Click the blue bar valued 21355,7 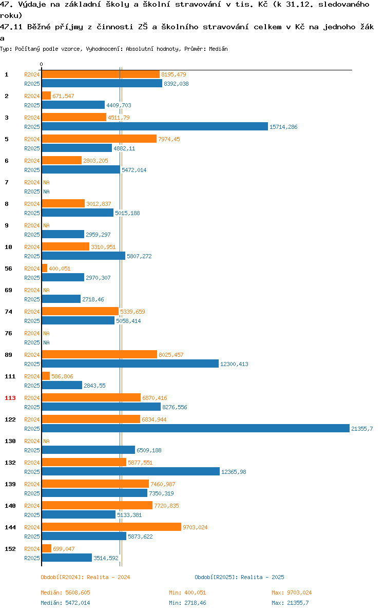coord(196,429)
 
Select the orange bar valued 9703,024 coord(111,527)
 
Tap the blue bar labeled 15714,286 coord(155,126)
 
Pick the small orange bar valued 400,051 coord(45,268)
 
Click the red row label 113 coord(10,398)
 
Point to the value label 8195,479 coord(174,74)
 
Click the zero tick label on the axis coord(42,64)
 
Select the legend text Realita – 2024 coord(108,577)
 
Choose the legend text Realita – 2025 coord(262,577)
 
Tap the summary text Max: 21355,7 coord(290,603)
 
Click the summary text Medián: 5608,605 coord(66,592)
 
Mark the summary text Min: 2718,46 coord(188,603)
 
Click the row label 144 coord(10,527)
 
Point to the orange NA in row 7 coord(46,182)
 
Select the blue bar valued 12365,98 coord(131,471)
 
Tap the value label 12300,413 coord(234,364)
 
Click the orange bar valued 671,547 coord(46,95)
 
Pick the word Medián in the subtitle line coord(219,49)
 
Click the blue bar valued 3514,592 coord(67,558)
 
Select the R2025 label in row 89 coord(32,364)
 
